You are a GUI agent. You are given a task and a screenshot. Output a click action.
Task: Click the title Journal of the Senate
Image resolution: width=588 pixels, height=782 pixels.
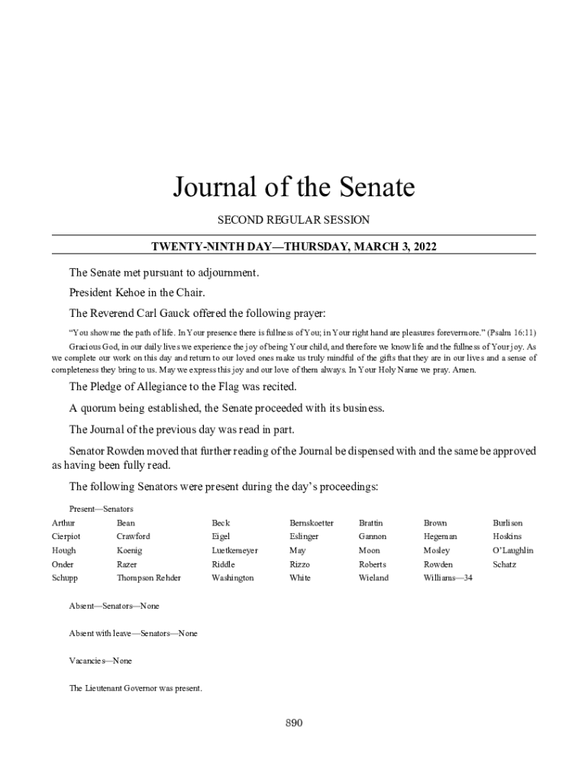pos(293,187)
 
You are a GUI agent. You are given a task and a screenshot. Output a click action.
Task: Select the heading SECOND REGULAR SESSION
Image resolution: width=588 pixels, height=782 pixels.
pos(293,220)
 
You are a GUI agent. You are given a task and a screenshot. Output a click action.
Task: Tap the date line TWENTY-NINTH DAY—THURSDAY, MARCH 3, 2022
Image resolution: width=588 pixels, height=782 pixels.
pos(293,246)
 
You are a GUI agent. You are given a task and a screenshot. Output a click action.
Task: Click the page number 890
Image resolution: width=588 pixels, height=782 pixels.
pos(294,723)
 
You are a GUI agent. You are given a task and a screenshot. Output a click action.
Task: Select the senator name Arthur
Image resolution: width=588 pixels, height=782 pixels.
pos(63,523)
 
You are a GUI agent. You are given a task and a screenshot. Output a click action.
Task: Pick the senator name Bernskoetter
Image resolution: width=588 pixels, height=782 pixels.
pos(312,523)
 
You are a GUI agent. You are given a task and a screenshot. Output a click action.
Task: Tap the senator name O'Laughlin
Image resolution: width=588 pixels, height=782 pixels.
pos(513,551)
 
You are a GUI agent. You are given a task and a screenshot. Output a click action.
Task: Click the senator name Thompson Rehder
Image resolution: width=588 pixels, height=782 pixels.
pos(149,578)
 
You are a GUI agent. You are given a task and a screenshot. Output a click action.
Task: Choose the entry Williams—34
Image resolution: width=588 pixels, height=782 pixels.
pos(448,578)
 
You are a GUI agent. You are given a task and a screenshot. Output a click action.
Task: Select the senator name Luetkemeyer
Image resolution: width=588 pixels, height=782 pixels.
pos(234,551)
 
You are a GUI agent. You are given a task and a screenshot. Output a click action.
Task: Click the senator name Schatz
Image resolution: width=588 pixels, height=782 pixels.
pos(505,564)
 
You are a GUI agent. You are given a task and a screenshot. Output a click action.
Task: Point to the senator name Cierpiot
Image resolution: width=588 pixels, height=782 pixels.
pos(66,537)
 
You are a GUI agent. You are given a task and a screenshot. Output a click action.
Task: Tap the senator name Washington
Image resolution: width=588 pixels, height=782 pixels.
pos(233,578)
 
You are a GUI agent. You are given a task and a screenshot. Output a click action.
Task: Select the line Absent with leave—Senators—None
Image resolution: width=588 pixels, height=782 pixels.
pos(133,633)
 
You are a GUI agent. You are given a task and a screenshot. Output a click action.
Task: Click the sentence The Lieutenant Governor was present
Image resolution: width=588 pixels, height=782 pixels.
pos(135,688)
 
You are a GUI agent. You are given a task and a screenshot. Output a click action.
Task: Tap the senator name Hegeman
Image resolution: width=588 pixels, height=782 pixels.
pos(441,537)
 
